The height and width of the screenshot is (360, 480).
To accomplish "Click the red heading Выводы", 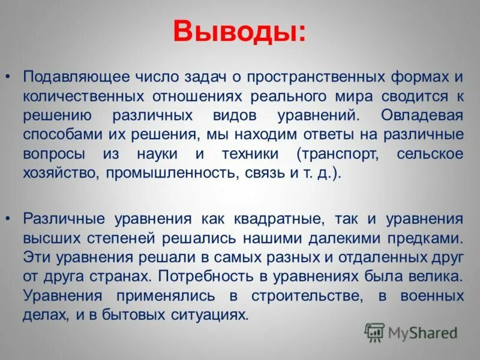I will (x=239, y=31).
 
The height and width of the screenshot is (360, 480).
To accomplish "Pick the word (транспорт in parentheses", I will (x=338, y=154).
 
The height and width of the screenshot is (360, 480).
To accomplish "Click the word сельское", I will (x=430, y=154).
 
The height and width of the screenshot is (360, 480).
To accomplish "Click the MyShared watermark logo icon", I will (x=375, y=332).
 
